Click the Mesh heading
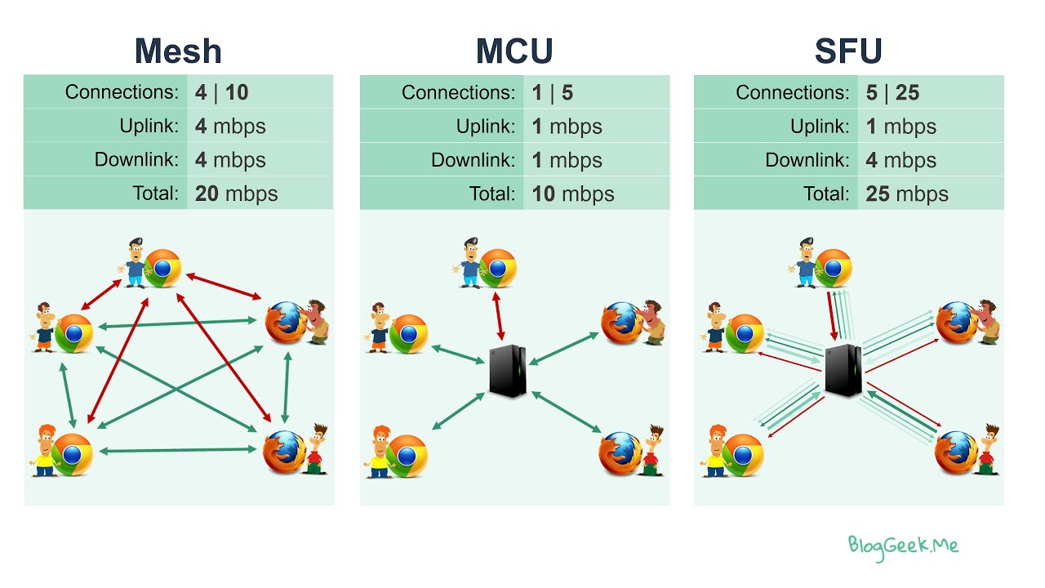178,51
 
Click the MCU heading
514,51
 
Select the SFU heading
848,51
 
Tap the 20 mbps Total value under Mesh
236,194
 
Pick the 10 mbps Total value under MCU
573,194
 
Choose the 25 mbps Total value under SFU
907,194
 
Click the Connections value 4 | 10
221,92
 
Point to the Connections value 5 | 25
892,92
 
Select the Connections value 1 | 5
552,92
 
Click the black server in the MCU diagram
507,372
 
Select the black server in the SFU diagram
843,370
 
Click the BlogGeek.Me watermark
903,546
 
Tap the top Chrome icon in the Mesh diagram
162,268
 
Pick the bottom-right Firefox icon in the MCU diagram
620,454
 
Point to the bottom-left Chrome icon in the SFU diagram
743,455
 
